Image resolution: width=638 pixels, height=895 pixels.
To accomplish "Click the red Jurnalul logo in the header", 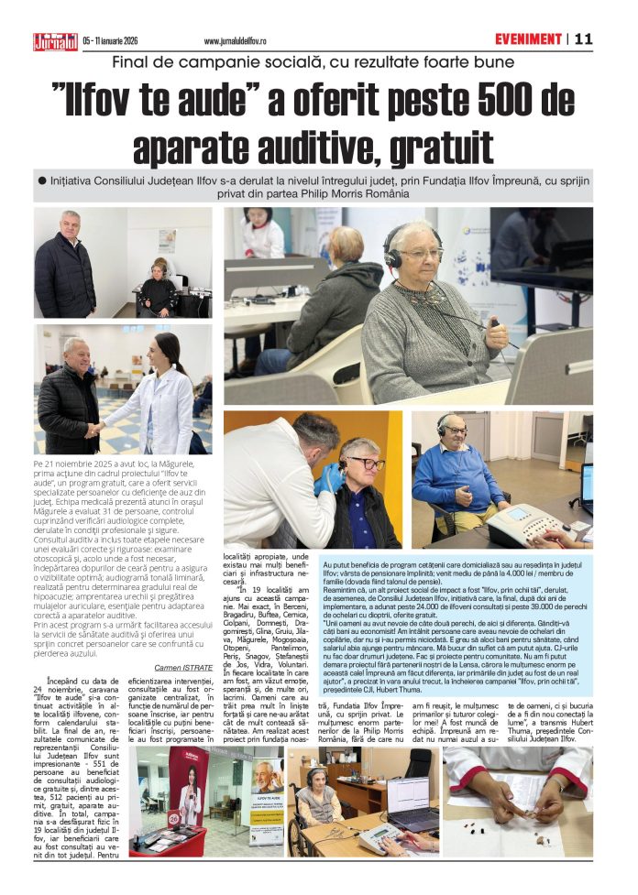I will tap(56, 40).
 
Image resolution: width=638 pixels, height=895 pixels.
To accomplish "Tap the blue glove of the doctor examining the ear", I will tap(328, 476).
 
